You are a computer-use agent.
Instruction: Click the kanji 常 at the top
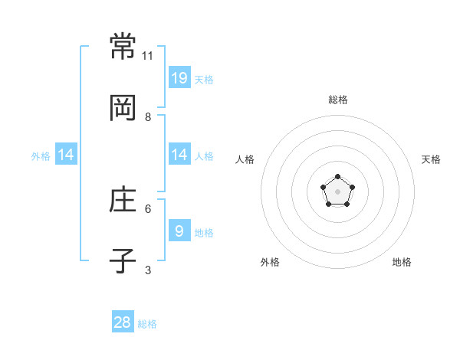pos(123,46)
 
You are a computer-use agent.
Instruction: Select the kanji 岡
pos(123,108)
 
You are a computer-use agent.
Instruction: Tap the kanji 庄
pos(123,199)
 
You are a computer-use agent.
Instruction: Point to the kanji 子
pos(123,260)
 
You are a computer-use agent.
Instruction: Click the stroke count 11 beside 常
pos(147,56)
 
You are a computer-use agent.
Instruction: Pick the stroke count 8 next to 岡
pos(148,117)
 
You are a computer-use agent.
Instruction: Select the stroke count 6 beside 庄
pos(148,209)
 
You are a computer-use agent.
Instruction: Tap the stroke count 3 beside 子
pos(148,270)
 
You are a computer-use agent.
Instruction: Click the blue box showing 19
pos(179,77)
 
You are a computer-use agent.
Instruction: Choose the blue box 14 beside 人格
pos(179,154)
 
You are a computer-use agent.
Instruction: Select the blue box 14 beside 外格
pos(66,154)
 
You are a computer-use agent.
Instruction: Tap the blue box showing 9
pos(179,230)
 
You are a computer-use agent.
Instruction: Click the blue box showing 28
pos(123,321)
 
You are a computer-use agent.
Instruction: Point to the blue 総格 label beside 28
pos(147,324)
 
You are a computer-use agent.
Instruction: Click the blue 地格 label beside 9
pos(204,233)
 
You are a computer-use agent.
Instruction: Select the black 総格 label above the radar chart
pos(338,100)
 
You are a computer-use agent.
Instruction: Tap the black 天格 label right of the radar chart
pos(431,159)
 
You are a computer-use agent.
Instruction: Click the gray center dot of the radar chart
pos(337,191)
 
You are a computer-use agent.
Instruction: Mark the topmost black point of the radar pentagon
pos(337,176)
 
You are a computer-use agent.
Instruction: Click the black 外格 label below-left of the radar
pos(270,262)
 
